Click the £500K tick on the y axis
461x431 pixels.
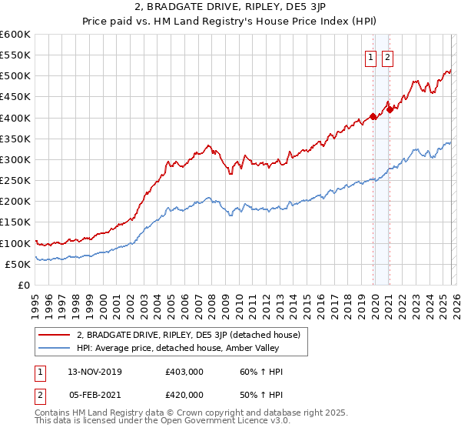[x=15, y=76]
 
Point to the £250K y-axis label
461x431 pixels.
[x=15, y=181]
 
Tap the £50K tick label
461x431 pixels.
[x=17, y=264]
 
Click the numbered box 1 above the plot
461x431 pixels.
[x=370, y=57]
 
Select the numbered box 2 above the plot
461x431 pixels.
[x=386, y=57]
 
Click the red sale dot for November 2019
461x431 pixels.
[x=373, y=117]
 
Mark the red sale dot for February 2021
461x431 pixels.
[x=390, y=109]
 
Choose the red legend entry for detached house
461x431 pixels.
[x=192, y=335]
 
